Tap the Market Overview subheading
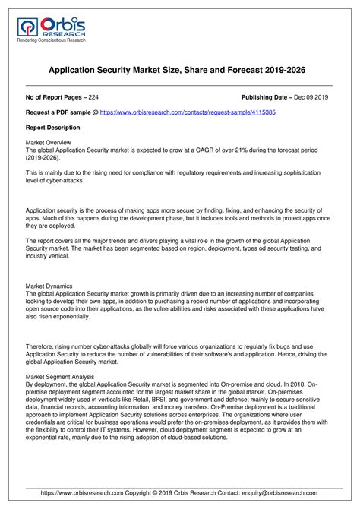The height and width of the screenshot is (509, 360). [49, 142]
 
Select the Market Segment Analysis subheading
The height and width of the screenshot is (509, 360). [60, 376]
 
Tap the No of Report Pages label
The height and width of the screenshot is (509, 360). [55, 98]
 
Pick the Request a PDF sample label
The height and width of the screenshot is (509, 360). [57, 112]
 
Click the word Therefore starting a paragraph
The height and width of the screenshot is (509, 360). [42, 346]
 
